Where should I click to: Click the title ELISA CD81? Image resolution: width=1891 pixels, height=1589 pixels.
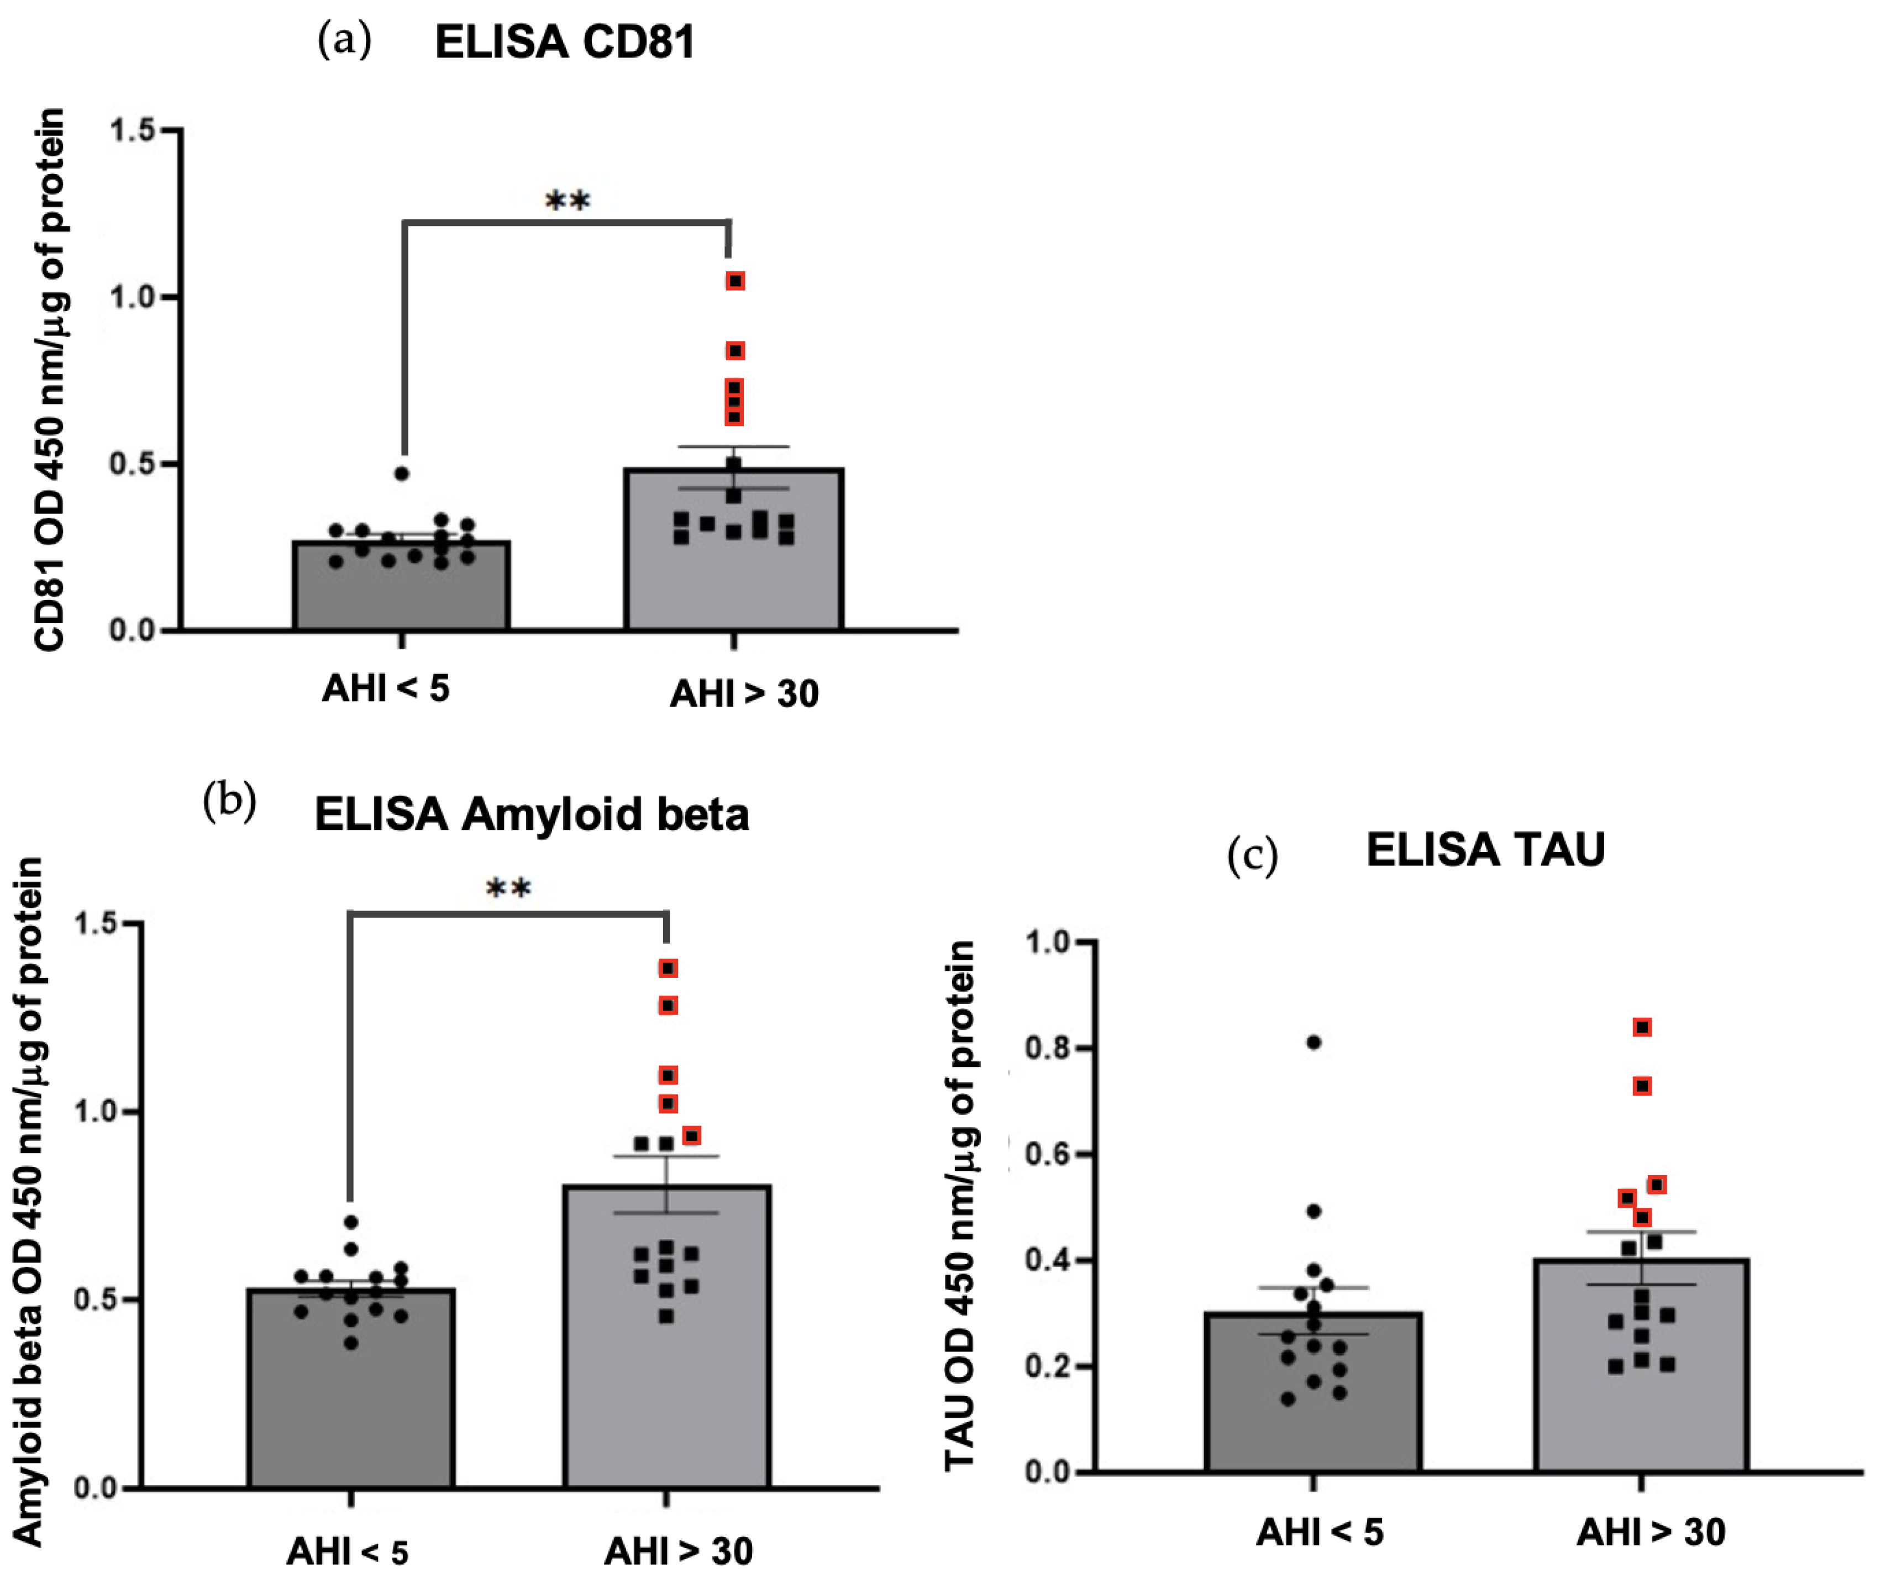(x=564, y=43)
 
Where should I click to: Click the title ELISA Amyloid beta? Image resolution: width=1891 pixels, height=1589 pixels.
(x=532, y=815)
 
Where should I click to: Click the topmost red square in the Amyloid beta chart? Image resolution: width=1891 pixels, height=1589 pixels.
(x=668, y=969)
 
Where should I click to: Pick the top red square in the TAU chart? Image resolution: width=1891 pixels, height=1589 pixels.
(x=1642, y=1027)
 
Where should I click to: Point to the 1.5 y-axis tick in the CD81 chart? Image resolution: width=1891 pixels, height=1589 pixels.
(x=133, y=130)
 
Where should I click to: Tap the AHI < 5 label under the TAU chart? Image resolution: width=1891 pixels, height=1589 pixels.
(x=1319, y=1532)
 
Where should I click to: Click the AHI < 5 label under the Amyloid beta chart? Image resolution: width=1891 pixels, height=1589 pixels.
(x=348, y=1551)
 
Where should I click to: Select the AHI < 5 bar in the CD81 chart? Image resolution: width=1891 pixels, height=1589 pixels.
(x=402, y=586)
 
